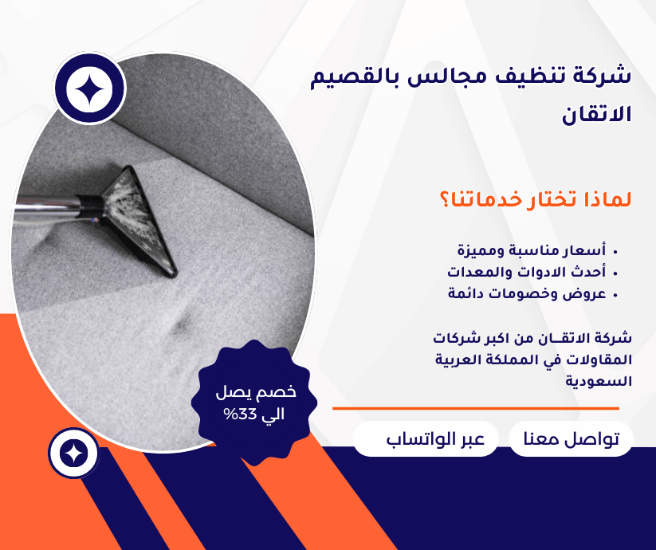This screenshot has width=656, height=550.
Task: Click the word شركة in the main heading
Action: coord(602,77)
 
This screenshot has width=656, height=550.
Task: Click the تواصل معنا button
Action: coord(571,439)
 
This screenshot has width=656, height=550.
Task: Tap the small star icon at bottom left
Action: coord(73,454)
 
